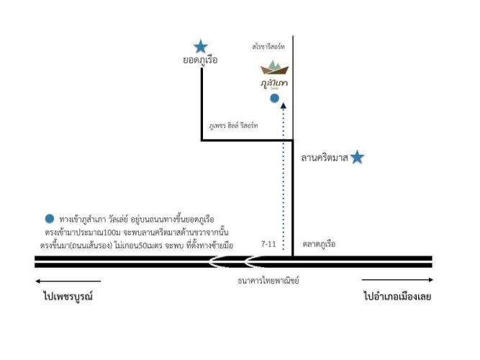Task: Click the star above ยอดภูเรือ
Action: click(201, 46)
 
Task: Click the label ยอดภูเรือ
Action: click(201, 61)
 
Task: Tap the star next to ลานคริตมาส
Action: click(357, 157)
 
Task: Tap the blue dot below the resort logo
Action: click(274, 98)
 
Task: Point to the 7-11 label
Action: click(270, 245)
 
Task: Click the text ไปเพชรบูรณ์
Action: click(68, 297)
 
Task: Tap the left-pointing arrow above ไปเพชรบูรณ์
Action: click(68, 282)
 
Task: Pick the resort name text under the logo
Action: click(275, 84)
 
